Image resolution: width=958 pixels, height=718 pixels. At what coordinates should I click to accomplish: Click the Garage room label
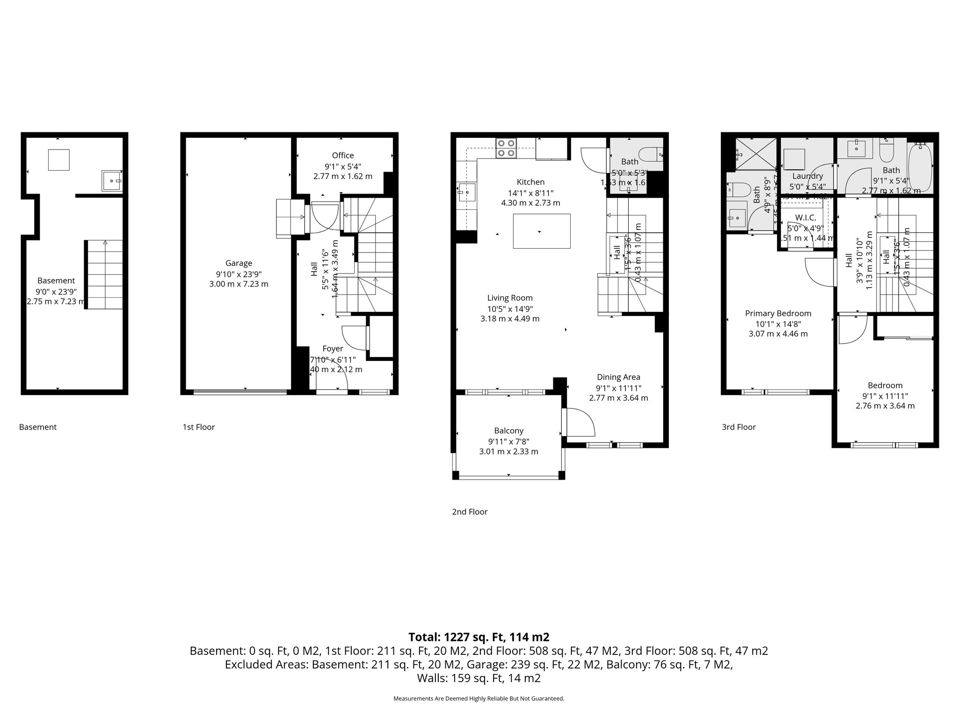239,263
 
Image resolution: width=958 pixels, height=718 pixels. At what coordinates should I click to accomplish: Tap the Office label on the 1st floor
342,156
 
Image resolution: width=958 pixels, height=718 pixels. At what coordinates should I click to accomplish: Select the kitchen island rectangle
541,231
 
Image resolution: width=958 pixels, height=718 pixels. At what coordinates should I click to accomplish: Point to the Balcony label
508,431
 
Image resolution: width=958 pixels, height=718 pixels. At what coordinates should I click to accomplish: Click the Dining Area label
618,377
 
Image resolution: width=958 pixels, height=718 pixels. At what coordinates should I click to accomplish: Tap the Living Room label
509,298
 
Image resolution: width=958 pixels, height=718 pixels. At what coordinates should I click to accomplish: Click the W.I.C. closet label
805,218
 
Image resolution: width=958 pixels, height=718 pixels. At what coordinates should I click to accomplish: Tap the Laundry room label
807,176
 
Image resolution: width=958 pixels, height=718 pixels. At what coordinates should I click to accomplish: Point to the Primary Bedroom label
778,313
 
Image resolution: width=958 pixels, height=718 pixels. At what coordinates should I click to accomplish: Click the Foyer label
333,349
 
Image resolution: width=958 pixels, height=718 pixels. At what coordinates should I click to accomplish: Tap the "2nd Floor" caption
469,512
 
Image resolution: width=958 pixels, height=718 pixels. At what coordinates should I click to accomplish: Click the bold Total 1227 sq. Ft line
479,637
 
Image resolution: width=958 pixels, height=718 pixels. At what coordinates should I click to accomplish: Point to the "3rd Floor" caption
739,427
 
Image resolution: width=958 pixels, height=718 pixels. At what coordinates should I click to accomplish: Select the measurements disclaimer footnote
479,698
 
